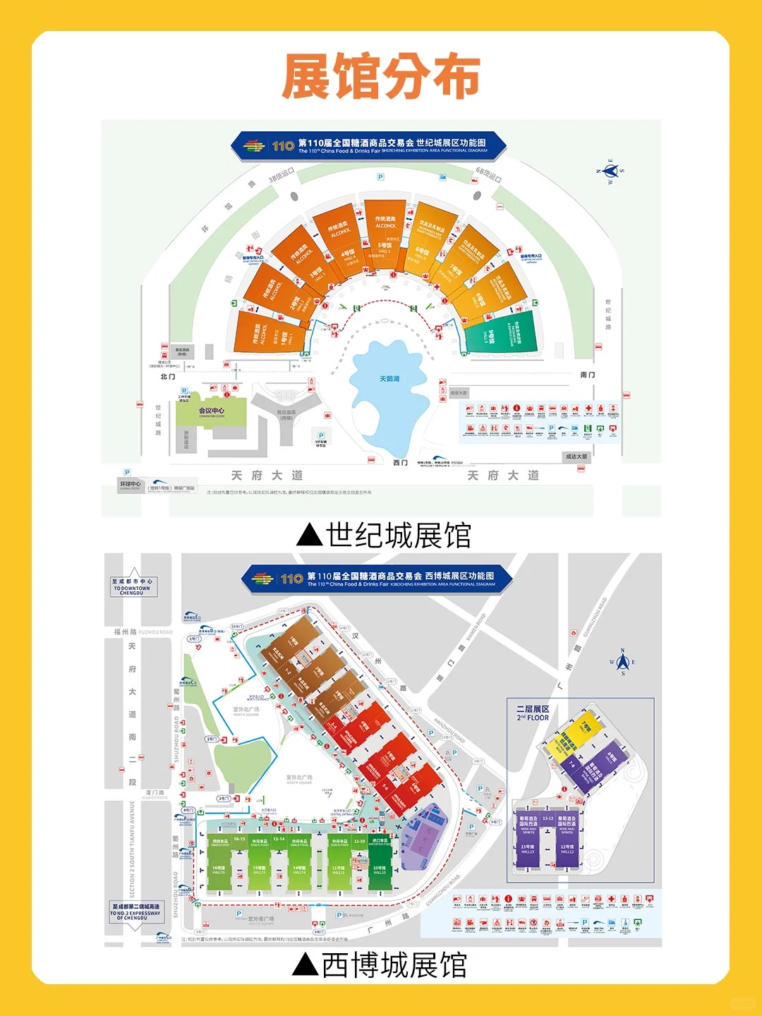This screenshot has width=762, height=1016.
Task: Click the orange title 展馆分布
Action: [x=381, y=76]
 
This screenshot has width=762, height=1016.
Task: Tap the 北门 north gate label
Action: [x=168, y=377]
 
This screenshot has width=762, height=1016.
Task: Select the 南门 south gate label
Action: [x=587, y=375]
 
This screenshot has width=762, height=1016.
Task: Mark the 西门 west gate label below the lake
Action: [x=400, y=463]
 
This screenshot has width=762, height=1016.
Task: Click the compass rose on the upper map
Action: [x=611, y=171]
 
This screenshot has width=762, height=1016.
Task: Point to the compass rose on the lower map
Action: [x=622, y=662]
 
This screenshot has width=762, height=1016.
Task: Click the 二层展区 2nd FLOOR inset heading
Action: [x=533, y=713]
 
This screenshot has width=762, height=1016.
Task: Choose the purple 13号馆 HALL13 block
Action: [x=528, y=840]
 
